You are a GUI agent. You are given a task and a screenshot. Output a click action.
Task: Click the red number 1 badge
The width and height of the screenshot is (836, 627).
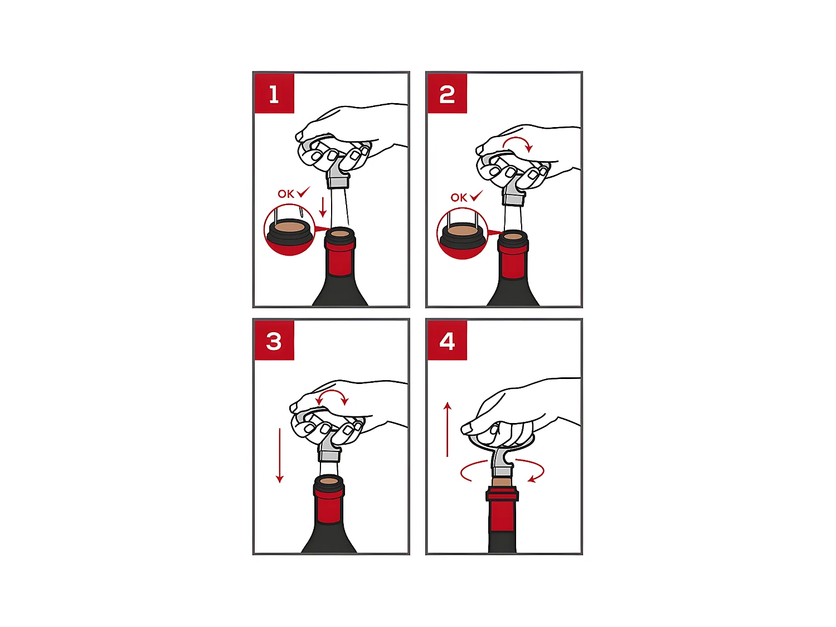(x=274, y=93)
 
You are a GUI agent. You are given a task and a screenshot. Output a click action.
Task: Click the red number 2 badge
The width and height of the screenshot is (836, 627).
(x=447, y=93)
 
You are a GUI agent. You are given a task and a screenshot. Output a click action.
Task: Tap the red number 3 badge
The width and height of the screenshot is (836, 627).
(x=274, y=341)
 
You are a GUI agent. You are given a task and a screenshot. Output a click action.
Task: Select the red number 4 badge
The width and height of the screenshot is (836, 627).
(x=447, y=341)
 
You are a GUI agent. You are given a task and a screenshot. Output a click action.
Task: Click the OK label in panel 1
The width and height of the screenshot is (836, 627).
(x=286, y=194)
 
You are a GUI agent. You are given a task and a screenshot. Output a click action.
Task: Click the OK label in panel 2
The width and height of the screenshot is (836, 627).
(x=459, y=198)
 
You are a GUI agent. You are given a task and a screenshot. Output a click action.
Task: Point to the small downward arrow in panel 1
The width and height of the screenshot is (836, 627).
(x=323, y=207)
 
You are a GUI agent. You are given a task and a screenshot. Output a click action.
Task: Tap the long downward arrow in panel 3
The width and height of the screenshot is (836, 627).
(x=280, y=455)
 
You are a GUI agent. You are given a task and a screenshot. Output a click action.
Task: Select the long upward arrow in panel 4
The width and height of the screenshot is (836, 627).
(x=448, y=429)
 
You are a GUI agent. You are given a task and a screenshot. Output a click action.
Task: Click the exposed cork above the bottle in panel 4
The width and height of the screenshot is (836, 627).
(x=503, y=482)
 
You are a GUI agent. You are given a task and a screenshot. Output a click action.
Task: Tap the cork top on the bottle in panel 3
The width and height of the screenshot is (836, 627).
(x=329, y=481)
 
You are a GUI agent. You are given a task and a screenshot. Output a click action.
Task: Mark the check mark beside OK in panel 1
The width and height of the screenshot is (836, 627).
(x=304, y=192)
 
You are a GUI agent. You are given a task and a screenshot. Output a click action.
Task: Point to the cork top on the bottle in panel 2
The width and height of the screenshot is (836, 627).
(x=513, y=236)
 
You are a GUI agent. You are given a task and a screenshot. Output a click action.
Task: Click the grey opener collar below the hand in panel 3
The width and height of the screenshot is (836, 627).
(x=328, y=455)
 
